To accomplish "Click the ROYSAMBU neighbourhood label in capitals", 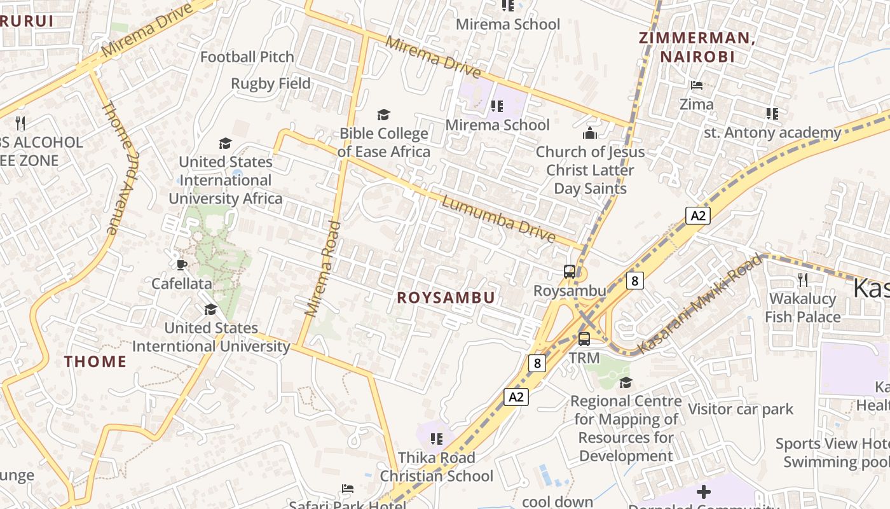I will click(446, 298).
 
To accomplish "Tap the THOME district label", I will click(95, 361).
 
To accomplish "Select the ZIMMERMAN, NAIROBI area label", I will click(697, 47).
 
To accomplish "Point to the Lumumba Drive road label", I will click(498, 220).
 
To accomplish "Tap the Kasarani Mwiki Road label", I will click(699, 304).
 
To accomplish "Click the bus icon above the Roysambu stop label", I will click(570, 272).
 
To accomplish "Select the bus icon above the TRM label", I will click(584, 338).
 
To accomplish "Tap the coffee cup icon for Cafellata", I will click(182, 264).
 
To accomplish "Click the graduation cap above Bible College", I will click(383, 115).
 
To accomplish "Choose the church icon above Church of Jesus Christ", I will click(590, 133).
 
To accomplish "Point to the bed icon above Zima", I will click(697, 85).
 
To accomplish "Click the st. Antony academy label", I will click(772, 133).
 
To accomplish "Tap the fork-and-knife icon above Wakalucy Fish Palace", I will click(803, 279).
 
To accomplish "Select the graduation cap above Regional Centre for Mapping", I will click(626, 382).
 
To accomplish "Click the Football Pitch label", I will click(247, 57).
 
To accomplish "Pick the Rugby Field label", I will click(271, 83).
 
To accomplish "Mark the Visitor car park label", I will click(741, 409).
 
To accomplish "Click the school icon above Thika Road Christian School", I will click(436, 438).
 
